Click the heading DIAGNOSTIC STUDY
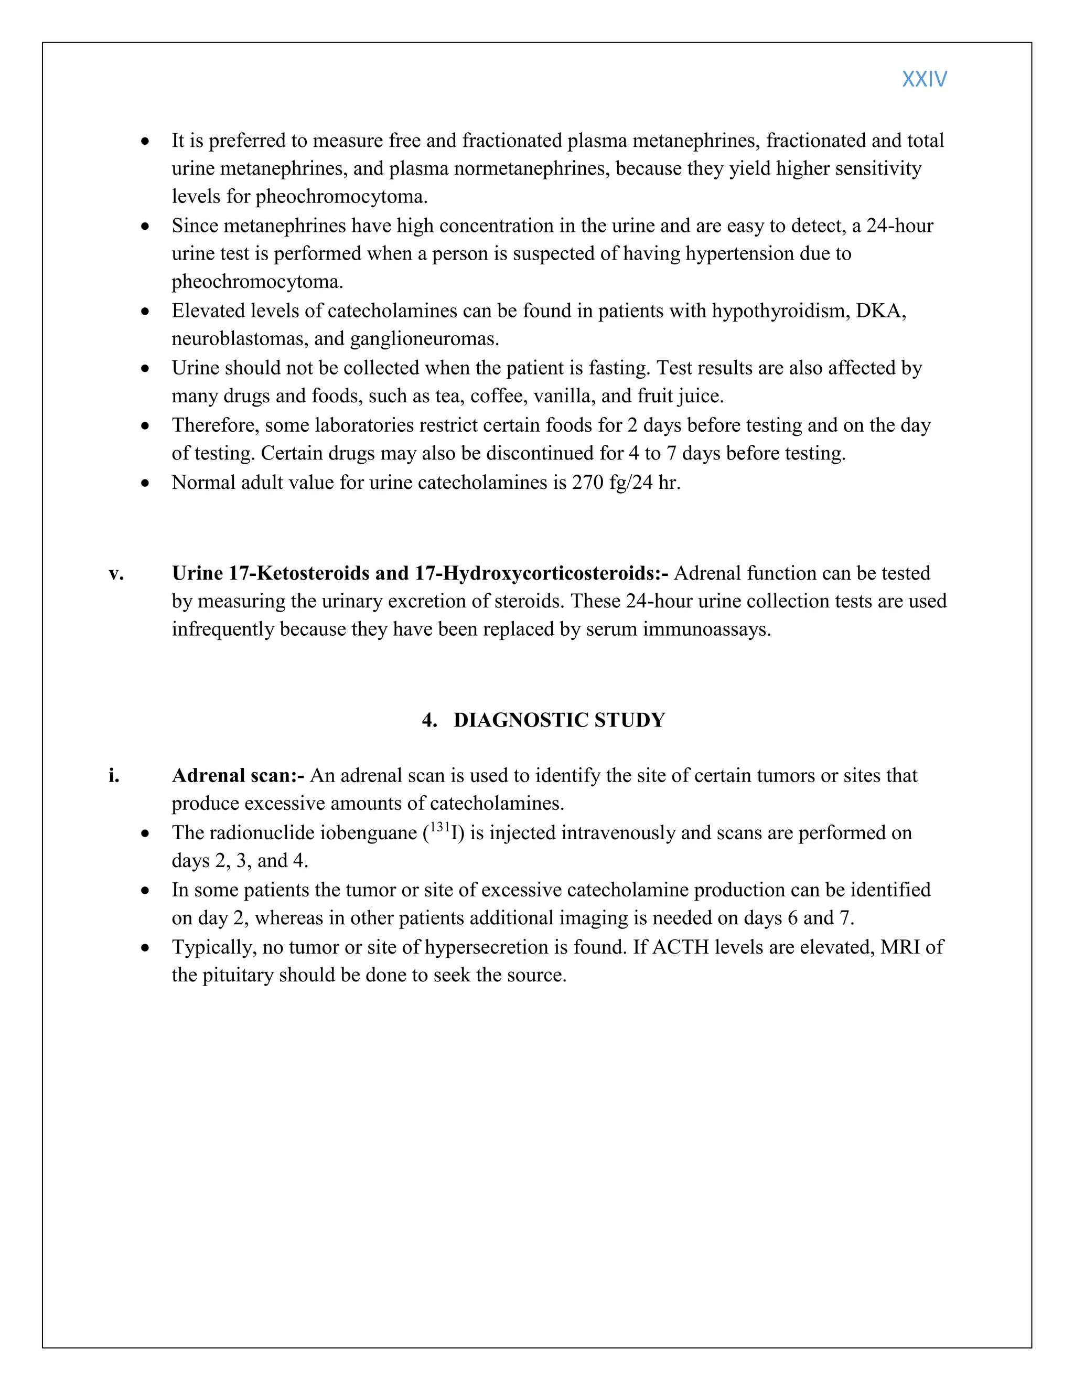click(559, 720)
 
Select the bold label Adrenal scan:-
click(238, 775)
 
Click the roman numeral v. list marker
click(116, 573)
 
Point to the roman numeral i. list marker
click(114, 775)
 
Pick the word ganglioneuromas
click(424, 339)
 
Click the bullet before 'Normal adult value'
click(146, 484)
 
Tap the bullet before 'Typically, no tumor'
click(146, 948)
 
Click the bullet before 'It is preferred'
click(146, 141)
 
